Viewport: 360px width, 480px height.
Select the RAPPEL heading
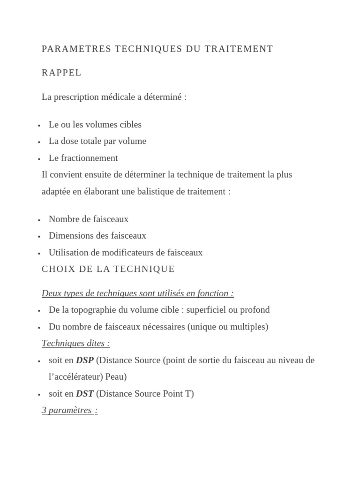tap(61, 73)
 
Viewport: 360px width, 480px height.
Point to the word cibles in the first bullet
tap(130, 125)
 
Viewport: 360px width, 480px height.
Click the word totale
tap(96, 141)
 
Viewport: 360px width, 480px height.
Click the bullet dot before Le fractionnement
tap(39, 159)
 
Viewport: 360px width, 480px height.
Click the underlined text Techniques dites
tap(75, 343)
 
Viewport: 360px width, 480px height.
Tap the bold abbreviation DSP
tap(84, 360)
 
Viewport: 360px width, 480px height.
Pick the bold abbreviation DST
tap(84, 394)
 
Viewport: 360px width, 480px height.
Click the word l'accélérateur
tap(76, 377)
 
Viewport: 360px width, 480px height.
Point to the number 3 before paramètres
tap(44, 410)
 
